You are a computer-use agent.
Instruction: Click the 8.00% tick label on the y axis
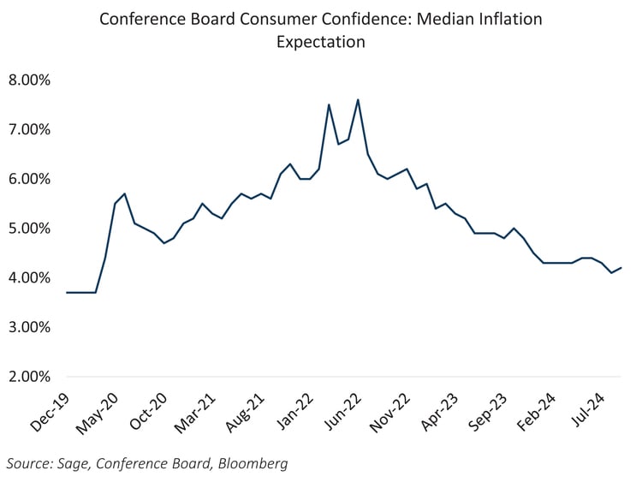pyautogui.click(x=30, y=80)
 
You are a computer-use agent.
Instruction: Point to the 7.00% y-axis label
pyautogui.click(x=30, y=129)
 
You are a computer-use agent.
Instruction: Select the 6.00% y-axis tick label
pyautogui.click(x=30, y=179)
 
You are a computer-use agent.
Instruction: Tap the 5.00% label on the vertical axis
pyautogui.click(x=30, y=229)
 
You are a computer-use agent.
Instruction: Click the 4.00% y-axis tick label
pyautogui.click(x=30, y=277)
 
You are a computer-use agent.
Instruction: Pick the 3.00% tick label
pyautogui.click(x=30, y=327)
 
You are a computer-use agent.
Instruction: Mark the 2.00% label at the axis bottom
pyautogui.click(x=30, y=377)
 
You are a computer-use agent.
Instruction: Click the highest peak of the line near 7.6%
pyautogui.click(x=357, y=99)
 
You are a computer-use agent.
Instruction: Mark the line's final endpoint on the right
pyautogui.click(x=621, y=268)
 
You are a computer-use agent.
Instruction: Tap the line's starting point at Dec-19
pyautogui.click(x=67, y=293)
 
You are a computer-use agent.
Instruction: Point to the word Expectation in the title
pyautogui.click(x=320, y=40)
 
